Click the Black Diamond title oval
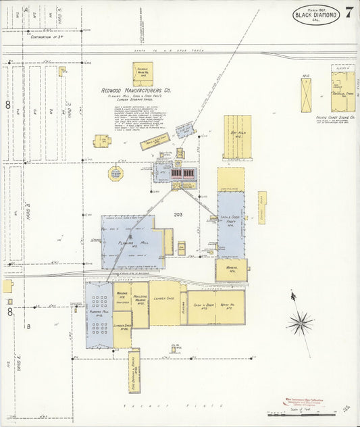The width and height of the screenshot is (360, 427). [316, 15]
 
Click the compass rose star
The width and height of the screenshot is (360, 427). [301, 322]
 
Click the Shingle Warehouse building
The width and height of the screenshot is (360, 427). [143, 74]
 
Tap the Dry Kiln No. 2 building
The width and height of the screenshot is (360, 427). [237, 136]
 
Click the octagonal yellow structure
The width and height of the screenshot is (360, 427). [116, 173]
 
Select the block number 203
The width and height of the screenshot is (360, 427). [178, 215]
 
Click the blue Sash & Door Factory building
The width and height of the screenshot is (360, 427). [230, 223]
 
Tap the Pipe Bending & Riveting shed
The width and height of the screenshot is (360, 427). [134, 370]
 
